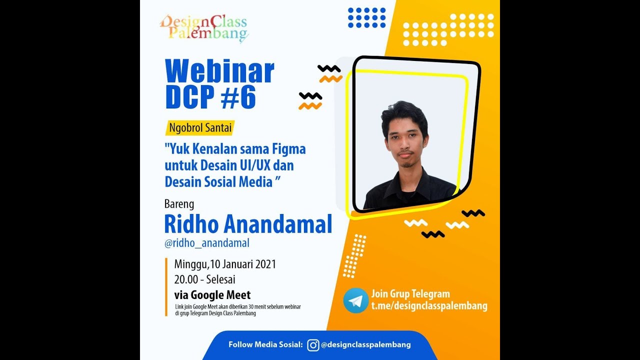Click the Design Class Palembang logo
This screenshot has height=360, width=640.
(204, 28)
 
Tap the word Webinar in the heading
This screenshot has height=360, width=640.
(219, 72)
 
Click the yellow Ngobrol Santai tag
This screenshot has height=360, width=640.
(199, 128)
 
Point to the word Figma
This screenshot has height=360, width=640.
(289, 149)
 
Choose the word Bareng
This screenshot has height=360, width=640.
(179, 204)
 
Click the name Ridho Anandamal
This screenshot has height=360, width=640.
(248, 225)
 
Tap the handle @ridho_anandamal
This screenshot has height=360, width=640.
(207, 243)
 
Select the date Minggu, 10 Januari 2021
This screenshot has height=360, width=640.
(225, 264)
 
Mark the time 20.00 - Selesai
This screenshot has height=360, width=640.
(204, 279)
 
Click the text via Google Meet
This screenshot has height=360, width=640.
(212, 295)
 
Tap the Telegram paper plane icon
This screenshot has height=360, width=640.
(356, 300)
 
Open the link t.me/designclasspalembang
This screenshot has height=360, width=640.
(429, 306)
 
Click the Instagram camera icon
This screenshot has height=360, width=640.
(313, 345)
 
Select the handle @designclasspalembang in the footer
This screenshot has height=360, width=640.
(366, 344)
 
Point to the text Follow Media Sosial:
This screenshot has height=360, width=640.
(265, 344)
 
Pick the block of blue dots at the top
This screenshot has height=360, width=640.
(367, 17)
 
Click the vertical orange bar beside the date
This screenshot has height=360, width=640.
(166, 287)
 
